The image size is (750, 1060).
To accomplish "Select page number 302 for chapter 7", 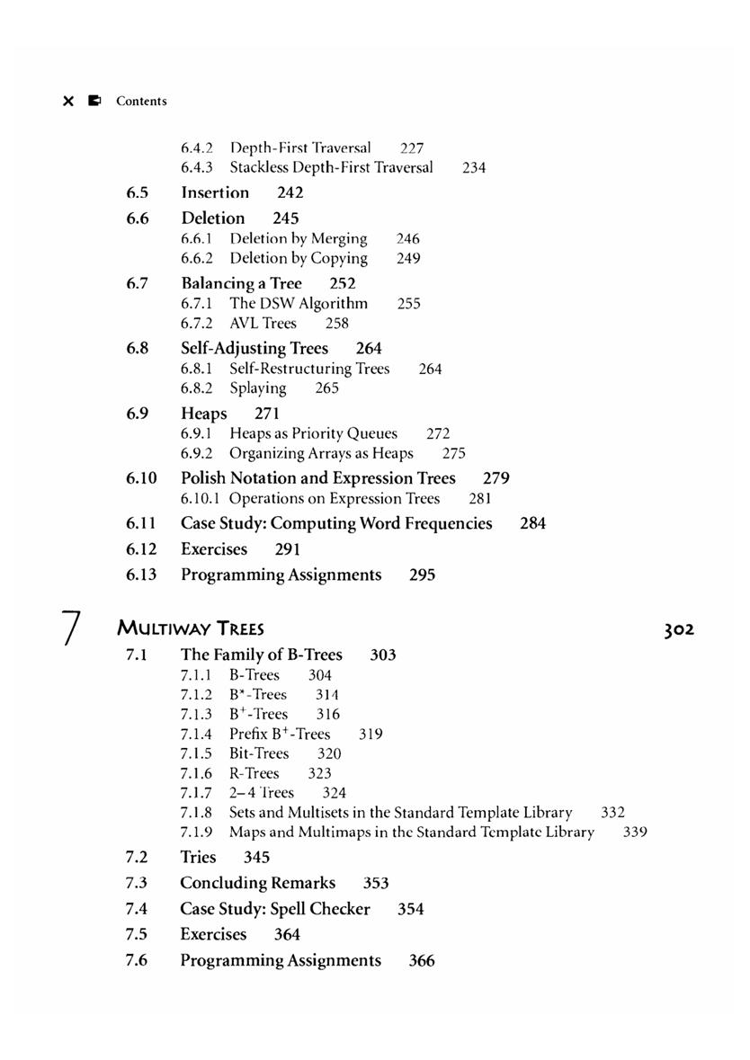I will (x=679, y=629).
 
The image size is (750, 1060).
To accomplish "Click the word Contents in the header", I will (x=141, y=102).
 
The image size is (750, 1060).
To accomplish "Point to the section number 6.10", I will (x=142, y=478).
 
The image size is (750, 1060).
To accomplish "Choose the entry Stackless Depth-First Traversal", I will (x=331, y=167).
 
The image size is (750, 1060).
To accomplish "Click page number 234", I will (x=474, y=167).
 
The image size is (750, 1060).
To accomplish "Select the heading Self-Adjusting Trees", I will (x=254, y=348).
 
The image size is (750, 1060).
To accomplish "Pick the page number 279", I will (x=496, y=478).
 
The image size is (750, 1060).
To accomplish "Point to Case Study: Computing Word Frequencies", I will (x=336, y=523).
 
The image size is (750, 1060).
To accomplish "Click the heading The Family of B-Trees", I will (x=262, y=655).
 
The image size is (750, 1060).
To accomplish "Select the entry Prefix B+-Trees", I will (x=280, y=734).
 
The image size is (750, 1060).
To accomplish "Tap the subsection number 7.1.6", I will (x=196, y=773).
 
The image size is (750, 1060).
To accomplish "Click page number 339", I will (x=635, y=832).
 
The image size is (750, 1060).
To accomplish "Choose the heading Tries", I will (x=198, y=857).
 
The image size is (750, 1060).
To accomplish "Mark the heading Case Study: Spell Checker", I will (x=275, y=909).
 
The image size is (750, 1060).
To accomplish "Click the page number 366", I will (x=422, y=961).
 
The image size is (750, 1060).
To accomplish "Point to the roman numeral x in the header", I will (x=68, y=102).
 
